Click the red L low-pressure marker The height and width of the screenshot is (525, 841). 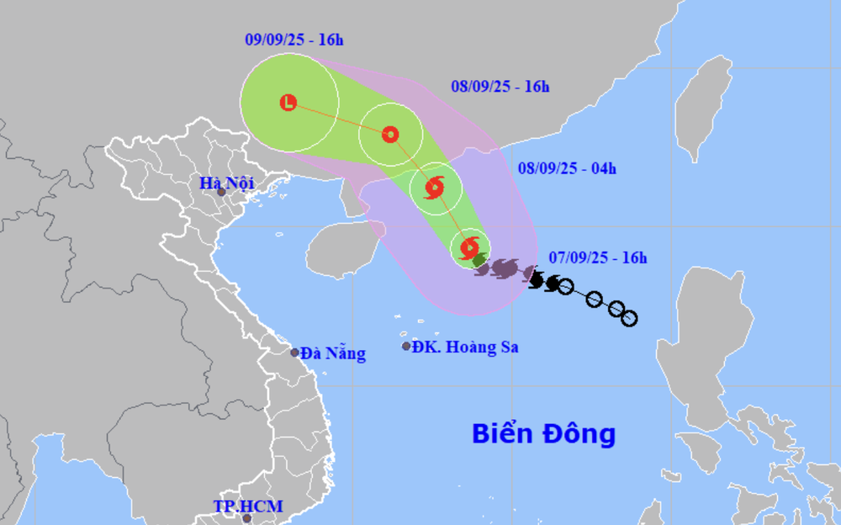pyautogui.click(x=288, y=103)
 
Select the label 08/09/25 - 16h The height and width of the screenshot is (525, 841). pyautogui.click(x=500, y=86)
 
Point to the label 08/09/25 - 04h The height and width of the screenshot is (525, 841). pyautogui.click(x=567, y=168)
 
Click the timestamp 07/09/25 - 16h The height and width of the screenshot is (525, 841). pyautogui.click(x=598, y=257)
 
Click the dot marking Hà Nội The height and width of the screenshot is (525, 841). pyautogui.click(x=221, y=193)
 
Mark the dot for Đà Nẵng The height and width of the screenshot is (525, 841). pyautogui.click(x=295, y=353)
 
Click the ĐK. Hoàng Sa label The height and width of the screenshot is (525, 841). pyautogui.click(x=465, y=347)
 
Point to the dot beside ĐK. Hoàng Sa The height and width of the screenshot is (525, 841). pyautogui.click(x=406, y=346)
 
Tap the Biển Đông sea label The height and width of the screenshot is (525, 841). pyautogui.click(x=543, y=434)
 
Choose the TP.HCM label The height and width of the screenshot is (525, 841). pyautogui.click(x=247, y=506)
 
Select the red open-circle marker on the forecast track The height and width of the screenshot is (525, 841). pyautogui.click(x=390, y=134)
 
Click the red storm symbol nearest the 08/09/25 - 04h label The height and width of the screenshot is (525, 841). pyautogui.click(x=436, y=188)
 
